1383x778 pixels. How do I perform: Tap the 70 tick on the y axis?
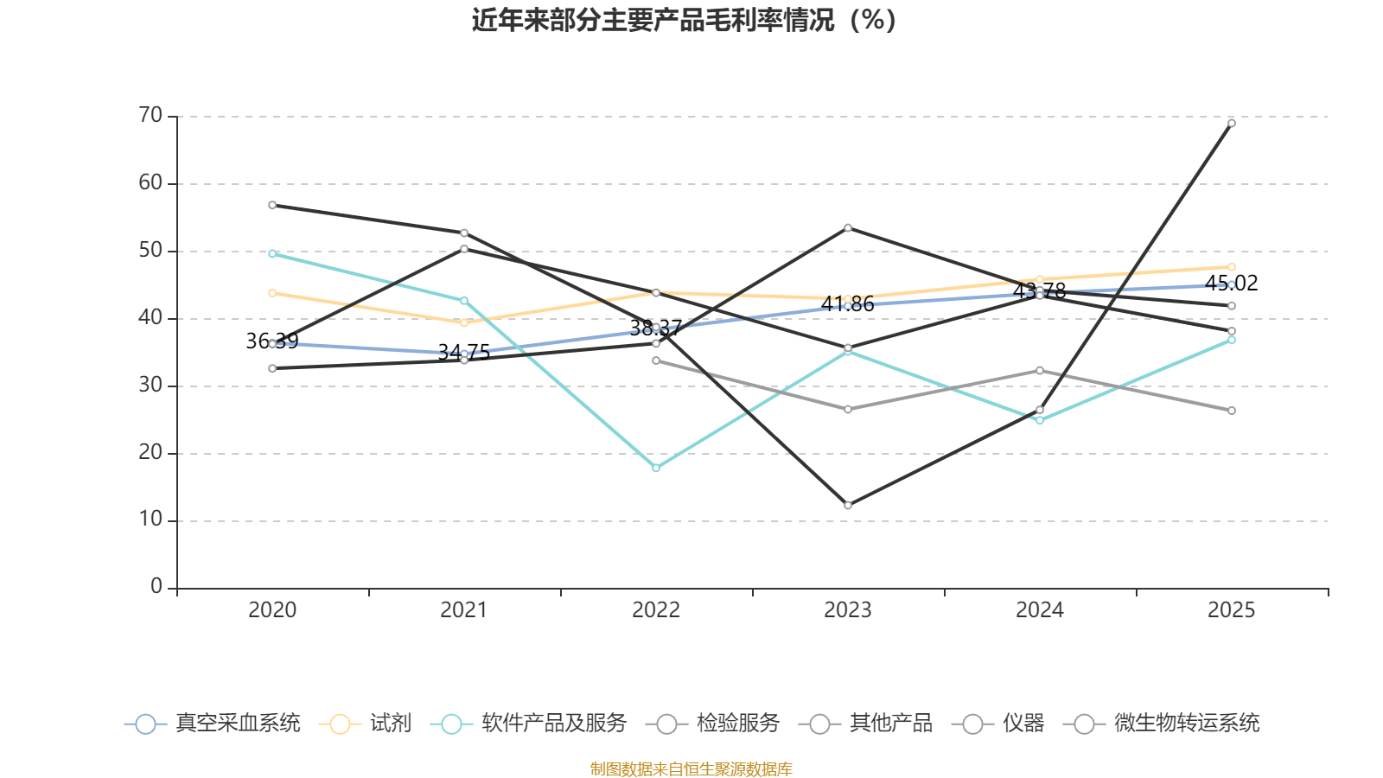150,115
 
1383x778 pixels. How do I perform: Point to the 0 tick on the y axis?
156,587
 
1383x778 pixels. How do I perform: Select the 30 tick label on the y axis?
150,385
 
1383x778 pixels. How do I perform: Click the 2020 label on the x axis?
272,610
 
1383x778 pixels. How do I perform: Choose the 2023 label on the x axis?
848,610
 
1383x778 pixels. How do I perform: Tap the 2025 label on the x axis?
1231,610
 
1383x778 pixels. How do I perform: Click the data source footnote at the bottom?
691,768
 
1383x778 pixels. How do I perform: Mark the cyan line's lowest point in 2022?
656,468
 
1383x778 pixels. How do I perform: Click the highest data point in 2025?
1232,123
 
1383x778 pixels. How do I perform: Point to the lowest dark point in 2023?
848,505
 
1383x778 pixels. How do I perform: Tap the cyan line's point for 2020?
272,253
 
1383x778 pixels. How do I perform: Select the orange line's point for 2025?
1232,267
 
